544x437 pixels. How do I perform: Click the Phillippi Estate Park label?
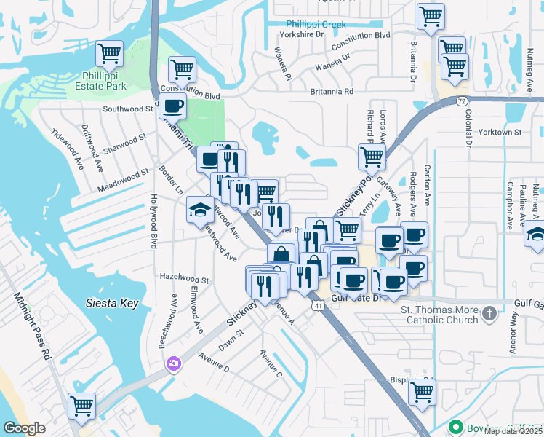pyautogui.click(x=104, y=81)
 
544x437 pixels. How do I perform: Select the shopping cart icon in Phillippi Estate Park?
pyautogui.click(x=109, y=53)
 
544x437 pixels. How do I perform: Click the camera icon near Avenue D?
pyautogui.click(x=173, y=363)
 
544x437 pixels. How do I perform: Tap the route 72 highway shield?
pyautogui.click(x=462, y=99)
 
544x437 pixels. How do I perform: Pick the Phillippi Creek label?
pyautogui.click(x=316, y=24)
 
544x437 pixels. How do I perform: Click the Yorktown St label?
pyautogui.click(x=501, y=132)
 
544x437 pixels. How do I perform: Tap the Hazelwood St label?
pyautogui.click(x=184, y=279)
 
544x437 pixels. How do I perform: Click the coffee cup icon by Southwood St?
pyautogui.click(x=172, y=106)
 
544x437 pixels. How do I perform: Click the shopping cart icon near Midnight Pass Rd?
pyautogui.click(x=82, y=406)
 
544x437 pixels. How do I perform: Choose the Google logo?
pyautogui.click(x=24, y=428)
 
